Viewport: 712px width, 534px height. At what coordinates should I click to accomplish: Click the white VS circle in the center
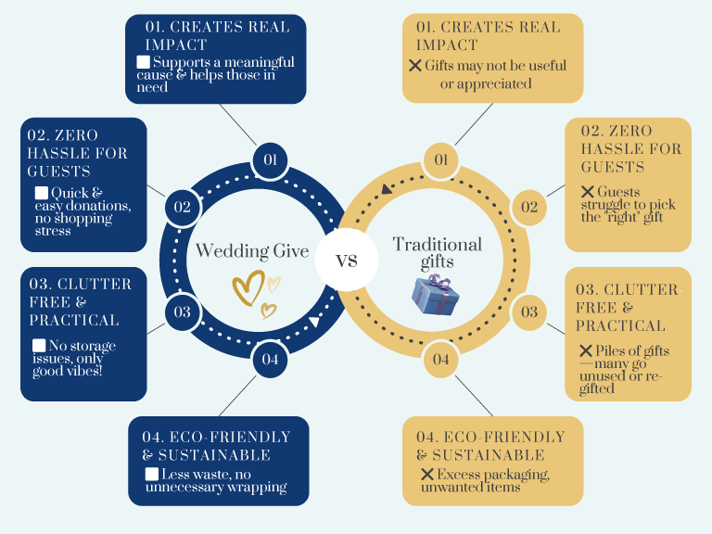pos(347,260)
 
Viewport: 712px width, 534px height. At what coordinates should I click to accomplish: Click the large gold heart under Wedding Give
pos(248,289)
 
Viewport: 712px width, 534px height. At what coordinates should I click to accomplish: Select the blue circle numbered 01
pos(270,160)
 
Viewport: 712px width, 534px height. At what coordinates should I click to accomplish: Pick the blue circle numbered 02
pos(183,207)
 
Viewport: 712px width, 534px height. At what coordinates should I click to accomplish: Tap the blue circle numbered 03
pos(183,311)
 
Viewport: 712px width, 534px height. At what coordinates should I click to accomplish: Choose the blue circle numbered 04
pos(270,359)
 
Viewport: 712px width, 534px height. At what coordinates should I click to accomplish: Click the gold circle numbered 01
pos(441,160)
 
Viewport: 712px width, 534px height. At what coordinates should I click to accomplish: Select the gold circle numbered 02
pos(528,207)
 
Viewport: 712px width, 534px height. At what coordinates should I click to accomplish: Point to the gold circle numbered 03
pos(528,311)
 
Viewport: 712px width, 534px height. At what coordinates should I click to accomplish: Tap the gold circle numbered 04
pos(441,359)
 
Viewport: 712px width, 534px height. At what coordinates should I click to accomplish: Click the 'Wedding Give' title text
pos(251,251)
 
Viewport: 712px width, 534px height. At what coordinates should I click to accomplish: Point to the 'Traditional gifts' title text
pos(438,252)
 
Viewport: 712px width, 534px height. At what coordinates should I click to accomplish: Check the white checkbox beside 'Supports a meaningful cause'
pos(143,62)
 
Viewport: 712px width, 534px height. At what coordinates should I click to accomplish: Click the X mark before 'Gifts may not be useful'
pos(414,66)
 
